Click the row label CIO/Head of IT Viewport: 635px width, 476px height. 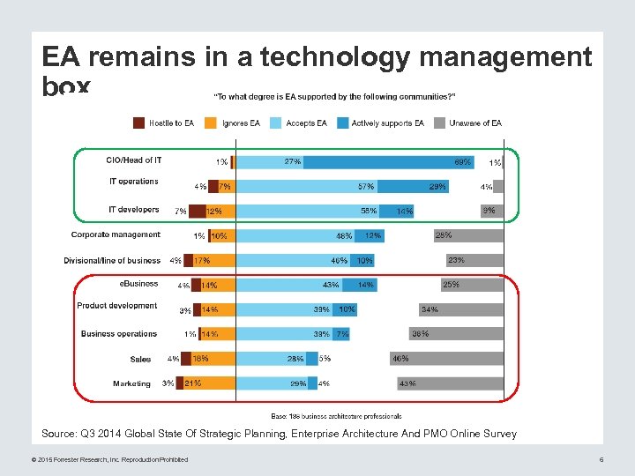click(133, 160)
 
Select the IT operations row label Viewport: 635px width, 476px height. click(133, 182)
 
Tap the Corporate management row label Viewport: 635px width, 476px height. click(116, 234)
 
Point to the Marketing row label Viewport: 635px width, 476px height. click(131, 383)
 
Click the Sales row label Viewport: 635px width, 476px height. click(140, 359)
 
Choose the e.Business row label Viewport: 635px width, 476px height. click(138, 283)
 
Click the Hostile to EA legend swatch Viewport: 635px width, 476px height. click(139, 123)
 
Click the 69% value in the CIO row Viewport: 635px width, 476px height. click(462, 162)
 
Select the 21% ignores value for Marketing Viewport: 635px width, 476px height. click(193, 383)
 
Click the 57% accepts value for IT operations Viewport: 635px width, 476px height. click(365, 187)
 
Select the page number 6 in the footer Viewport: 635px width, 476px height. click(601, 459)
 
